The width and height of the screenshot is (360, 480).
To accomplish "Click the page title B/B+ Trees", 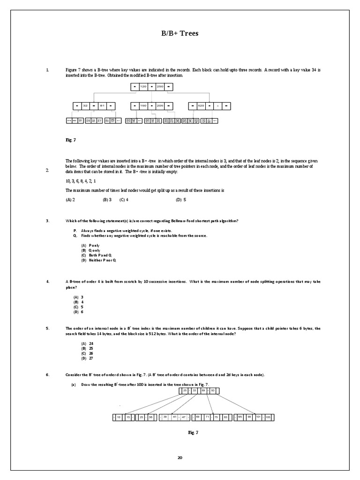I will pyautogui.click(x=180, y=33).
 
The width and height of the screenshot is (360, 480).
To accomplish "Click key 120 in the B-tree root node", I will pyautogui.click(x=144, y=87).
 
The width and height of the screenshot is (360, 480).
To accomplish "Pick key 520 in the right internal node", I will pyautogui.click(x=202, y=106).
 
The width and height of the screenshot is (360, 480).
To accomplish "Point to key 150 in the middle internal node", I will pyautogui.click(x=144, y=106).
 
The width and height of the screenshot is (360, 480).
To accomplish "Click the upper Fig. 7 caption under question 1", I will pyautogui.click(x=71, y=140).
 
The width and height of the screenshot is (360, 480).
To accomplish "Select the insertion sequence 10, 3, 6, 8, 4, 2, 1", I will pyautogui.click(x=81, y=181).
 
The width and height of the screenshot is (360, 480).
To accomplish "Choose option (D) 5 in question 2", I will pyautogui.click(x=181, y=200).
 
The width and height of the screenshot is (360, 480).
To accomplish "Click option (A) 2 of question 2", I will pyautogui.click(x=71, y=200).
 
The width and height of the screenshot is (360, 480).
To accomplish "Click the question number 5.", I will pyautogui.click(x=48, y=328).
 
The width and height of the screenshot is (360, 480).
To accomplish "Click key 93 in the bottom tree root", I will pyautogui.click(x=212, y=390).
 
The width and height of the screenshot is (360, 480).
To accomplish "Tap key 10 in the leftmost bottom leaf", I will pyautogui.click(x=119, y=417).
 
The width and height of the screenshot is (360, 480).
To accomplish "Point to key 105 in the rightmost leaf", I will pyautogui.click(x=268, y=417).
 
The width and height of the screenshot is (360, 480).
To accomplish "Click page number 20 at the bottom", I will pyautogui.click(x=180, y=457).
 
